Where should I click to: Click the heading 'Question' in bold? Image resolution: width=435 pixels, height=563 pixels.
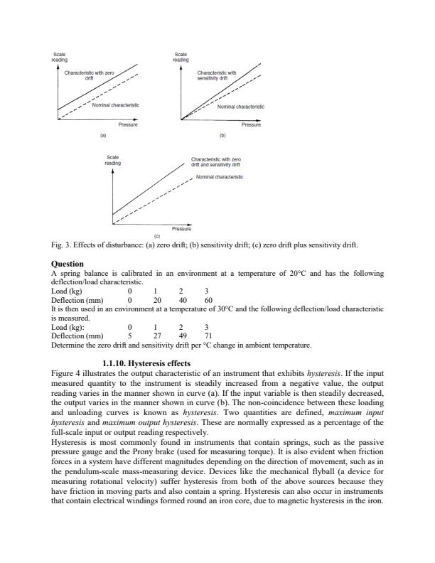pos(69,265)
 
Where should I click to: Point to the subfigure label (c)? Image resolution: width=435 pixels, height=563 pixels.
pos(157,236)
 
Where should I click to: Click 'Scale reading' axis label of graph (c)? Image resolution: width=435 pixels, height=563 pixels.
pos(113,160)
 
